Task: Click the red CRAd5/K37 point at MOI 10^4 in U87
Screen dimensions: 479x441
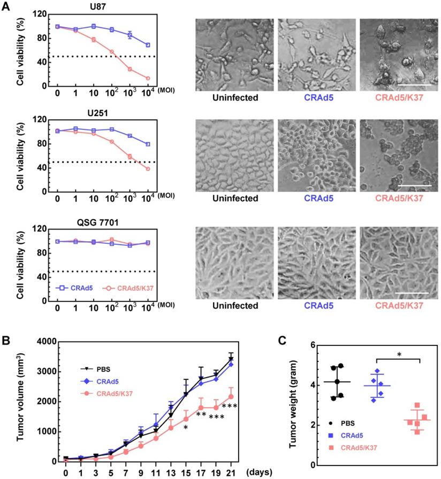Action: (x=148, y=78)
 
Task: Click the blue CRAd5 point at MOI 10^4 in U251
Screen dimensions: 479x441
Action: (x=148, y=144)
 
